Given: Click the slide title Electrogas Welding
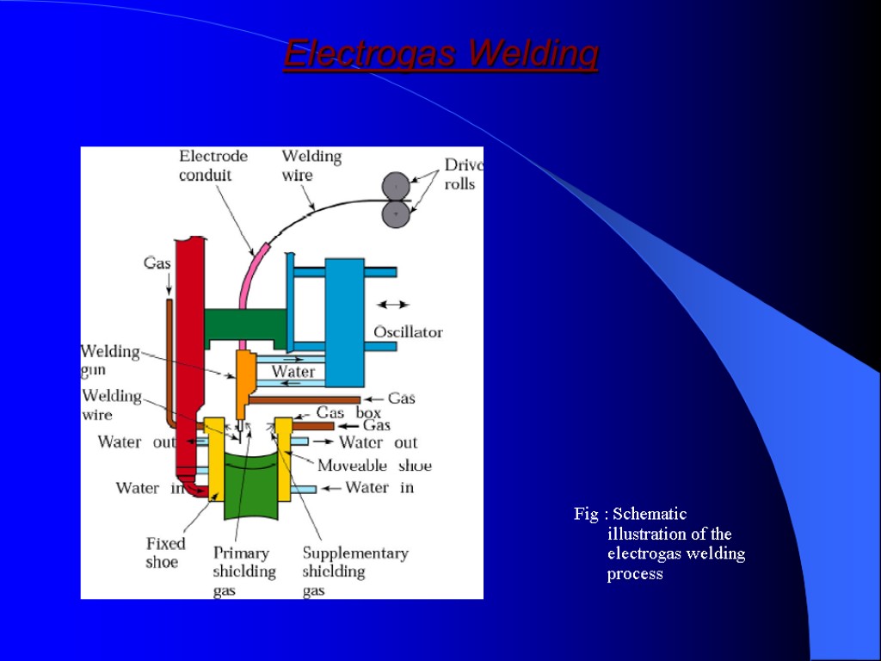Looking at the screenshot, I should (440, 55).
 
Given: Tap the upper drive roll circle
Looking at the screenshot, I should (396, 185).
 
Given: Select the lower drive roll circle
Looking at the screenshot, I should (396, 213).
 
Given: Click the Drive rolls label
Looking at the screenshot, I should (462, 175).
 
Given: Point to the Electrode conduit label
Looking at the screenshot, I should (213, 165).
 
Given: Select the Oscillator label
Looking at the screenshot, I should (408, 332).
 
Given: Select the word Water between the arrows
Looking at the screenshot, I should (293, 372).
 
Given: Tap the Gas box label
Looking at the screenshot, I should (348, 413).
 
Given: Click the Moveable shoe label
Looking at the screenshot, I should (374, 466).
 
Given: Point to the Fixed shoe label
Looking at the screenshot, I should (165, 553).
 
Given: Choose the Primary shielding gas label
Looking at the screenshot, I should (244, 571).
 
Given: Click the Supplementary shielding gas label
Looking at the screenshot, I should (354, 571).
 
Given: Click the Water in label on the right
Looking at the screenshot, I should (379, 487).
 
